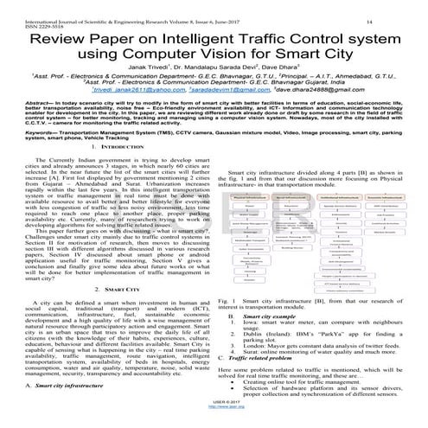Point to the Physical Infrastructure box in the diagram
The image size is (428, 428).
(247, 198)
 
